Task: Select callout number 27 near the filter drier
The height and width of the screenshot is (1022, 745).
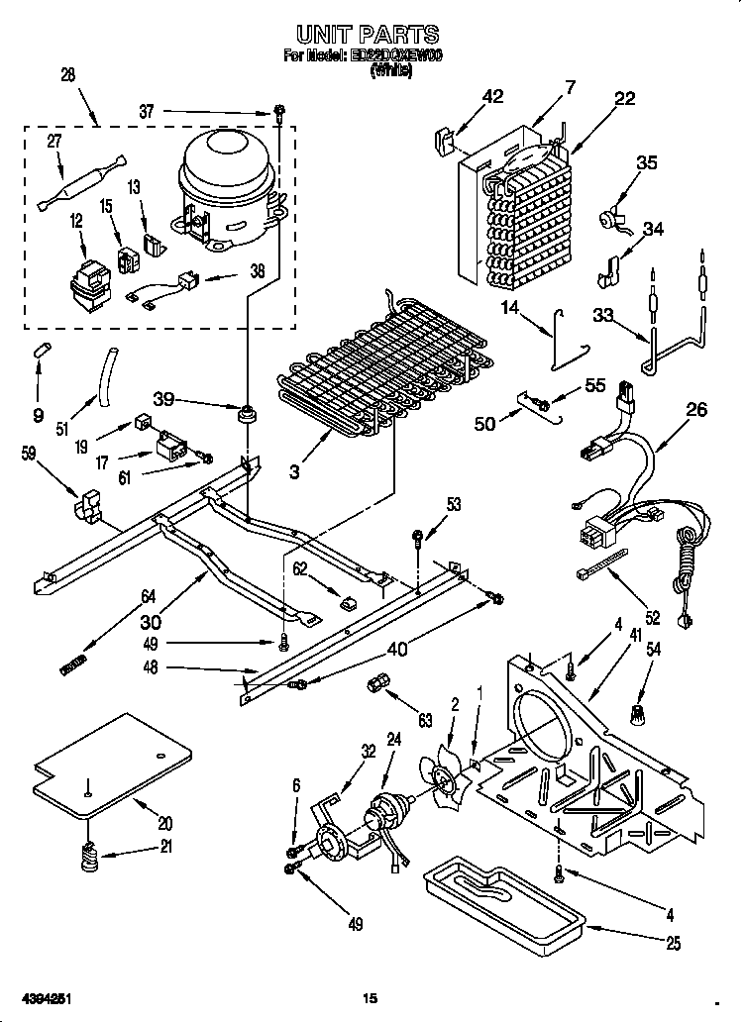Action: [53, 142]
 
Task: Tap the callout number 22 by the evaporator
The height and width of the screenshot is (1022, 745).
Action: [625, 98]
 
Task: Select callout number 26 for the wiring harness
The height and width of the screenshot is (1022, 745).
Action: [698, 409]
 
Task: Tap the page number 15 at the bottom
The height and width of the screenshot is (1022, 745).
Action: [371, 998]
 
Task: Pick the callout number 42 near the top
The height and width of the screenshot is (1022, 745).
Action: [492, 96]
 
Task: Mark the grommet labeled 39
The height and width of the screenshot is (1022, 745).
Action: [243, 412]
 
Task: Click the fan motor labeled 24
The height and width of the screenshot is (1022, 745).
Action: [385, 818]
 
